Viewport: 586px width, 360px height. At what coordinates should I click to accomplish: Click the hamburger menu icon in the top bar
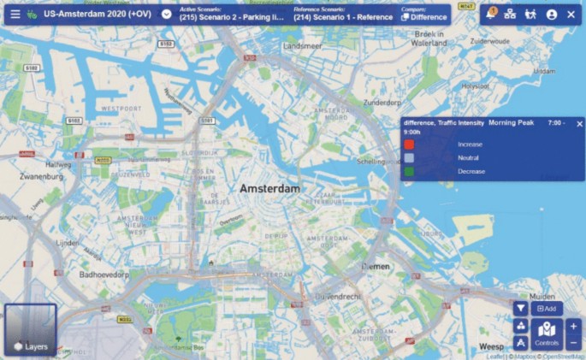(x=15, y=15)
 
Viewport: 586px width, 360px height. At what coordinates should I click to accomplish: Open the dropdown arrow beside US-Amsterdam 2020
(x=166, y=15)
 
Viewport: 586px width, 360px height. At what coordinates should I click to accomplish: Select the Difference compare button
(x=424, y=15)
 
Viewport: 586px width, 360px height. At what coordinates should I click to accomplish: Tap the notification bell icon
(x=490, y=15)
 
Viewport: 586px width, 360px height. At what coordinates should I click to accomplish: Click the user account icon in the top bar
(x=552, y=15)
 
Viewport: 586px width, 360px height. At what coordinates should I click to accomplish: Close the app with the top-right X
(x=571, y=15)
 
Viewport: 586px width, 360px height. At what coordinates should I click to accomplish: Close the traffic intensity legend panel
(x=579, y=124)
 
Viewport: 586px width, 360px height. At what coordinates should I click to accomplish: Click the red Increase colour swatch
(x=409, y=145)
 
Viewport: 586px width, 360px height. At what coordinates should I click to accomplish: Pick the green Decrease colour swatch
(x=409, y=172)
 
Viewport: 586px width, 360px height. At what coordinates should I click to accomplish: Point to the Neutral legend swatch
(x=409, y=158)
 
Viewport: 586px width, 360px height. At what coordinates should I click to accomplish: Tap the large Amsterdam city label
(x=269, y=188)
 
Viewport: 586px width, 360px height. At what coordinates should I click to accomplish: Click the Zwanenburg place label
(x=42, y=176)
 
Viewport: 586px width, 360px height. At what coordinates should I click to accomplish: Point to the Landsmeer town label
(x=305, y=45)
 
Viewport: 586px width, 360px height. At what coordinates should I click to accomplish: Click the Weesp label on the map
(x=492, y=346)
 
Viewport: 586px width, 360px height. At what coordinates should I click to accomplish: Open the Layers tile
(x=31, y=330)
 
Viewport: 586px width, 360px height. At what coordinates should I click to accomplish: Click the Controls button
(x=547, y=333)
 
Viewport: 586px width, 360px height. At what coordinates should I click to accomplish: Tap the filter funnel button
(x=521, y=308)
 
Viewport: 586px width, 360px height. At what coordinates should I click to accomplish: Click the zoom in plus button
(x=573, y=326)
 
